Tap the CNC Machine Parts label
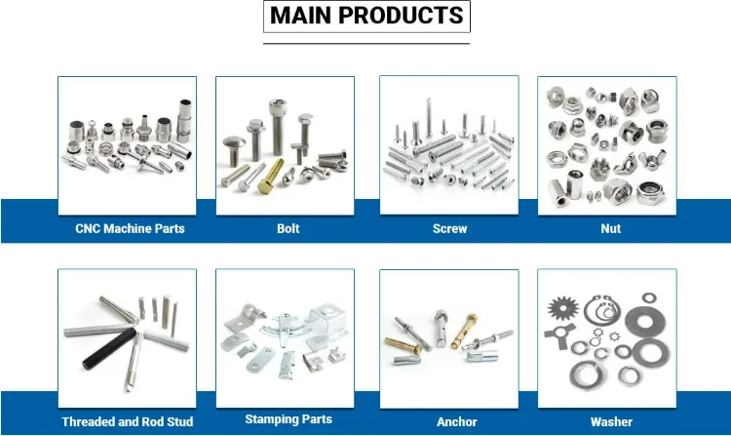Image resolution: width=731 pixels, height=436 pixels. point(130,229)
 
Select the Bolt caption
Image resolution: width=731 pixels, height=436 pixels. point(288,229)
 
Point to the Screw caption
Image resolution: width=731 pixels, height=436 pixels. point(449,229)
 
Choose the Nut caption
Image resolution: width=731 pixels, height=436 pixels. point(611,229)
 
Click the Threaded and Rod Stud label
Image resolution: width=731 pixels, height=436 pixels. point(127,422)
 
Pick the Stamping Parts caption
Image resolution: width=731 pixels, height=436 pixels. point(289,419)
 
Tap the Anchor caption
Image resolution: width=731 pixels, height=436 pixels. point(456,422)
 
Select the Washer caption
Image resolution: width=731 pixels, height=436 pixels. point(611,422)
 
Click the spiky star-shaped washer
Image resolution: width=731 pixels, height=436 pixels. point(563,316)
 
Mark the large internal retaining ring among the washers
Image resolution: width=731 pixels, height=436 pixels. point(604,313)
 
